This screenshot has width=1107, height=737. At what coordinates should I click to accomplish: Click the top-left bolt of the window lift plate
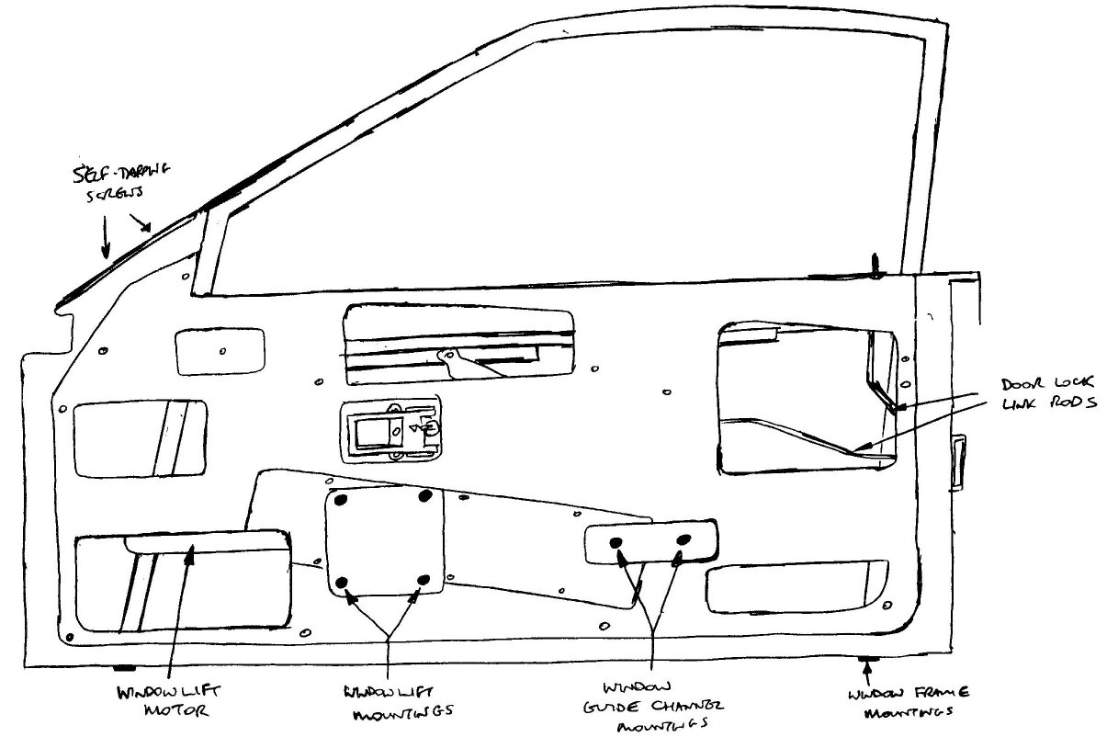[342, 499]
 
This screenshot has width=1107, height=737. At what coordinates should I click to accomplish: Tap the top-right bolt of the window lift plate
[424, 497]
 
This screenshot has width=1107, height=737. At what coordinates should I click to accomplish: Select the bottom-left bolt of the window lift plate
[343, 582]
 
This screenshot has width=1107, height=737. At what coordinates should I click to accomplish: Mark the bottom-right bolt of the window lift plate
[424, 580]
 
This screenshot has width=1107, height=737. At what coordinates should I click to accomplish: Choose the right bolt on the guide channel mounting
[683, 539]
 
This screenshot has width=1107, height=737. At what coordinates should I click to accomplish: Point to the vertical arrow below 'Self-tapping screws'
[105, 236]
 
